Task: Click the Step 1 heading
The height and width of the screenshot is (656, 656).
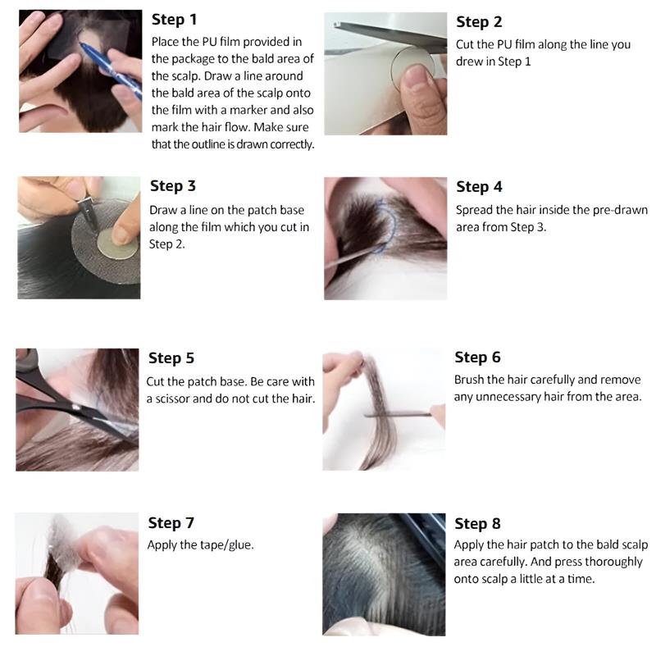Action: click(174, 20)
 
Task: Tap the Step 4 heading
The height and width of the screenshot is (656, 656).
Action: click(479, 187)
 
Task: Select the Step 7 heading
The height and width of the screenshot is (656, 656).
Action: click(171, 522)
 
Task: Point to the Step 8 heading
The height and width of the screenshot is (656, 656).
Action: click(477, 523)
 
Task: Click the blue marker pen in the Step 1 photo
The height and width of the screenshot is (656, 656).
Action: click(111, 71)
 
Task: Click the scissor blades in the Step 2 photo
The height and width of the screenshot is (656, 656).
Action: click(390, 35)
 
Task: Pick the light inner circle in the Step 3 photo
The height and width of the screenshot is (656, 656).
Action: click(117, 244)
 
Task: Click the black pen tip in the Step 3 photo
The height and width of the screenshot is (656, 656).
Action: click(89, 215)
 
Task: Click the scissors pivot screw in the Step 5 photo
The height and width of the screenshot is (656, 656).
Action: click(75, 407)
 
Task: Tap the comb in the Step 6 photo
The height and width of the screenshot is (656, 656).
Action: click(397, 415)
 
